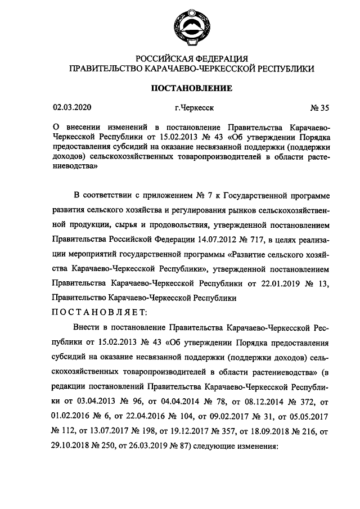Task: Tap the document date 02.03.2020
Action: [71, 107]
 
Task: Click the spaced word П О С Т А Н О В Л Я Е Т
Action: [99, 312]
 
